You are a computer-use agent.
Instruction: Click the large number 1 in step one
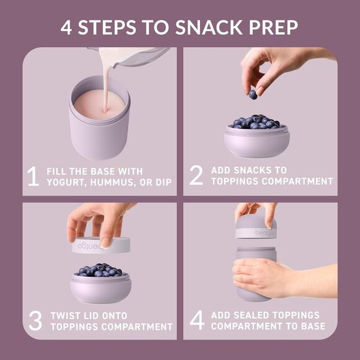coord(34,176)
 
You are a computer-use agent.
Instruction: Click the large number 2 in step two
coord(196,176)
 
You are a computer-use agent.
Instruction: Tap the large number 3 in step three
coord(35,320)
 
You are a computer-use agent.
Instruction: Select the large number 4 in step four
coord(197,320)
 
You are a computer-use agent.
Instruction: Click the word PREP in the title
coord(275,28)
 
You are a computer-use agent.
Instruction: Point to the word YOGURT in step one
coord(68,182)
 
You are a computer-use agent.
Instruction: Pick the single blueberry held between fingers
coord(253,94)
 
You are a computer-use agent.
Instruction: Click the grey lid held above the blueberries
coord(102,245)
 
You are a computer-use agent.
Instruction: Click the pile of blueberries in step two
coord(255,122)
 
